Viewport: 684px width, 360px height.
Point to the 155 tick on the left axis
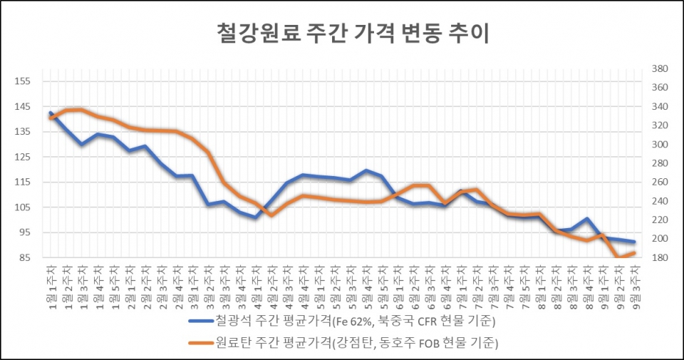pyautogui.click(x=24, y=81)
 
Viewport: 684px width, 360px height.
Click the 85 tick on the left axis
pyautogui.click(x=26, y=257)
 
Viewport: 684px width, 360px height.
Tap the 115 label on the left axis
pyautogui.click(x=24, y=182)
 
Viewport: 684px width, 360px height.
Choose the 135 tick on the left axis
pyautogui.click(x=24, y=132)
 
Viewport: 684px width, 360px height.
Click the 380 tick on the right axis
pyautogui.click(x=659, y=69)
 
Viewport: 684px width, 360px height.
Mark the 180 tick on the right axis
pyautogui.click(x=659, y=257)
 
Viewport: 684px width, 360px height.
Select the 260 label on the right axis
pyautogui.click(x=659, y=182)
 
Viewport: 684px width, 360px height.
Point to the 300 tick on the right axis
pyautogui.click(x=659, y=145)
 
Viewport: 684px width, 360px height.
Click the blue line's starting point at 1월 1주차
pyautogui.click(x=51, y=113)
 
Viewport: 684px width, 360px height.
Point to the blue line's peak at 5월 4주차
pyautogui.click(x=366, y=170)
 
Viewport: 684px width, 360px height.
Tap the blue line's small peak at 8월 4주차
pyautogui.click(x=586, y=219)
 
